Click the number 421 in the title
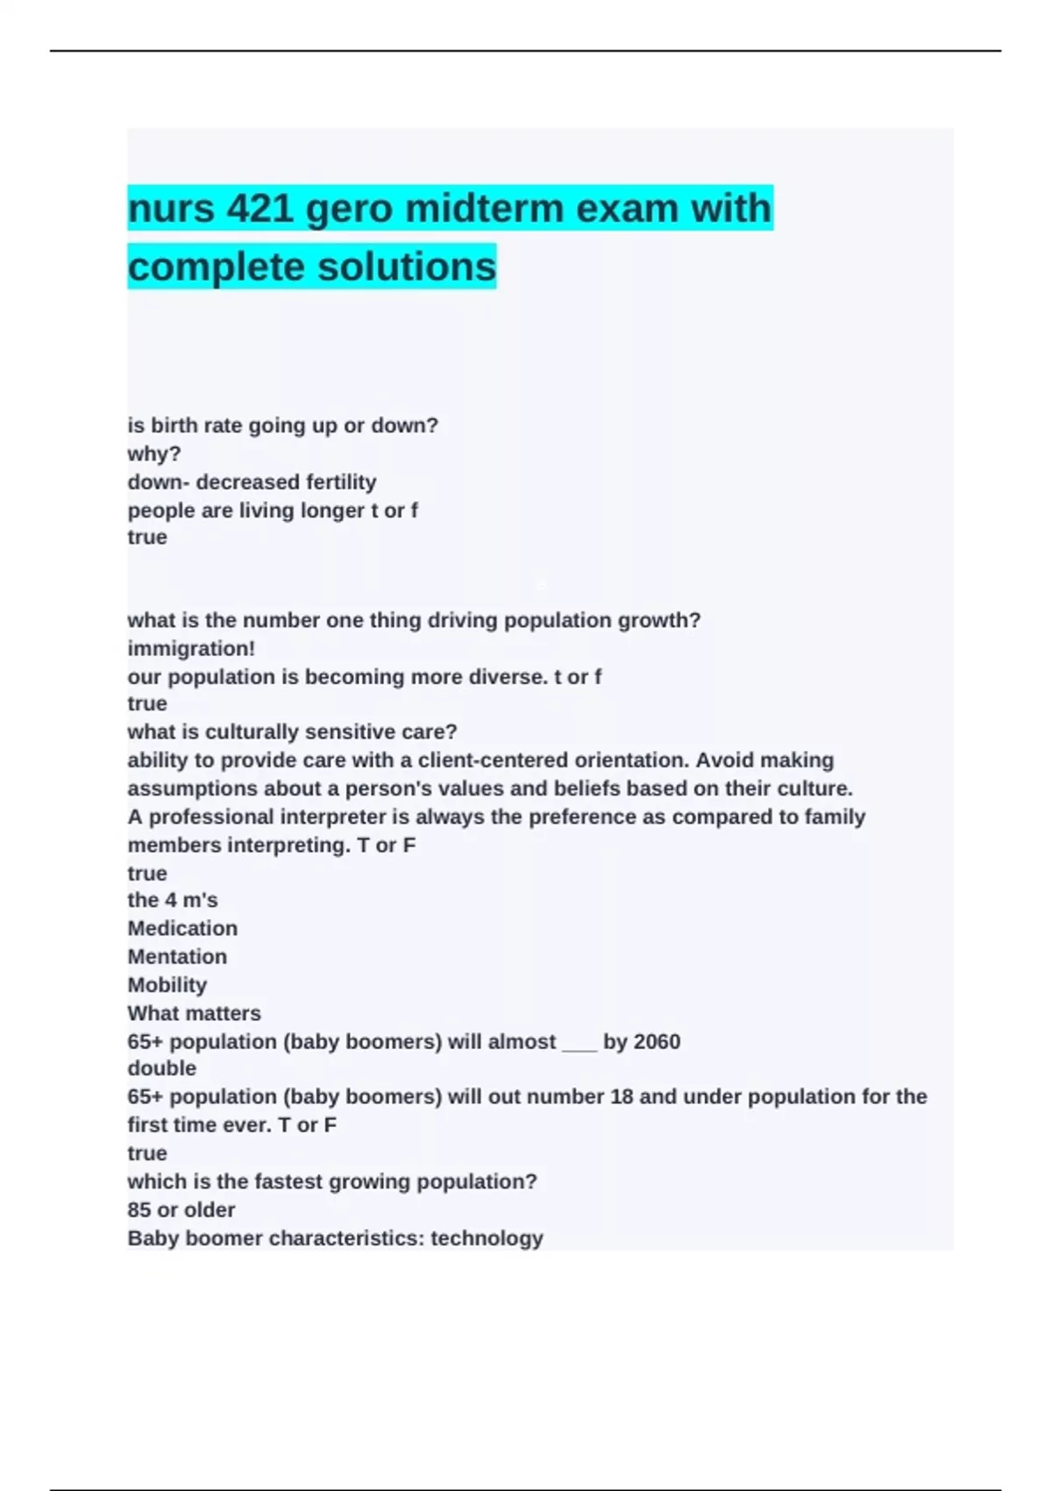tap(259, 210)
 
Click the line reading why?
tap(154, 454)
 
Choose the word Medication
tap(182, 929)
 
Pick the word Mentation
tap(177, 957)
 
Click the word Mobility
tap(167, 985)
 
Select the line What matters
tap(194, 1014)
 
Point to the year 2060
tap(657, 1042)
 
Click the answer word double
tap(162, 1069)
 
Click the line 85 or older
tap(181, 1210)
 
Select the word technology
tap(487, 1238)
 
